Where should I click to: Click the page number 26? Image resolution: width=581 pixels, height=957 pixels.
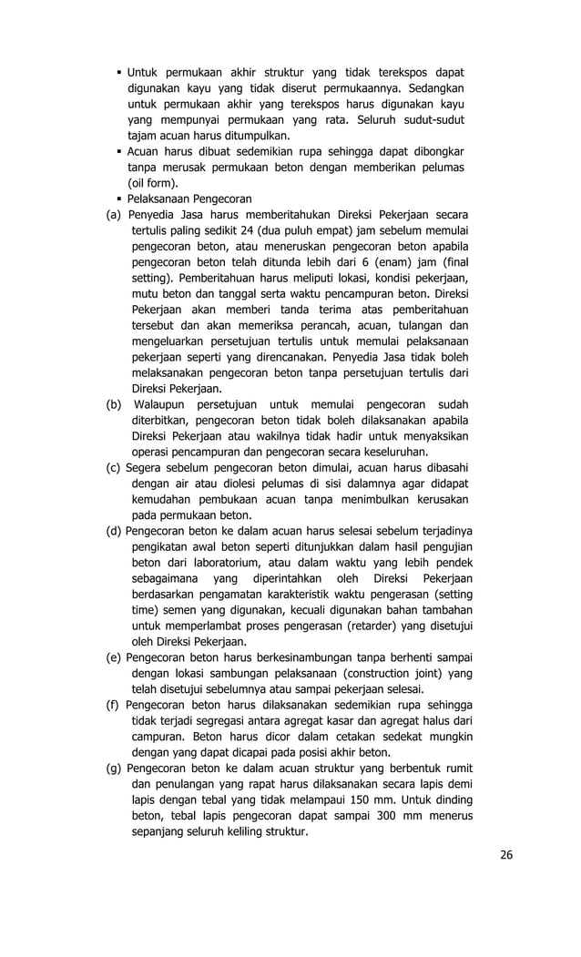[505, 854]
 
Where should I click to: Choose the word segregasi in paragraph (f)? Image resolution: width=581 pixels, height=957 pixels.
[224, 721]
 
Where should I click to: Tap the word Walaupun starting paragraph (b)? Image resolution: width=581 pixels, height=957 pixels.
[164, 404]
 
